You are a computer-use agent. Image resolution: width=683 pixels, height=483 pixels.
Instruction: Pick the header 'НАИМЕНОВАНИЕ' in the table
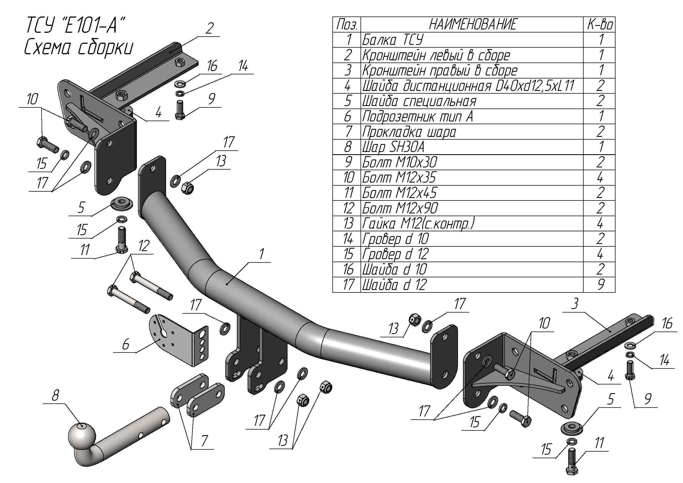[472, 25]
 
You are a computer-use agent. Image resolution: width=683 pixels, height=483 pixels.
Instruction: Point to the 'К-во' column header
[599, 25]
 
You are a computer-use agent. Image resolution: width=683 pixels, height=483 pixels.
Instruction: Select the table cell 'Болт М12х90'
[400, 208]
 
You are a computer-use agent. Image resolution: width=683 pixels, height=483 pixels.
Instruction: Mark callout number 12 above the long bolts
[144, 246]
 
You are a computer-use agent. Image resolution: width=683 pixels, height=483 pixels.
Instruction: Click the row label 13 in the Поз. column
[348, 224]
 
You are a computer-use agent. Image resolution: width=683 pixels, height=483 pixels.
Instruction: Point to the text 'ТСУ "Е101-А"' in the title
[74, 25]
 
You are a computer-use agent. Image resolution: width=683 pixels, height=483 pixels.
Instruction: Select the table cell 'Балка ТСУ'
[393, 40]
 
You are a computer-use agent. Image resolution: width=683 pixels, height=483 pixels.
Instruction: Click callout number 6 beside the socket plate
[125, 344]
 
